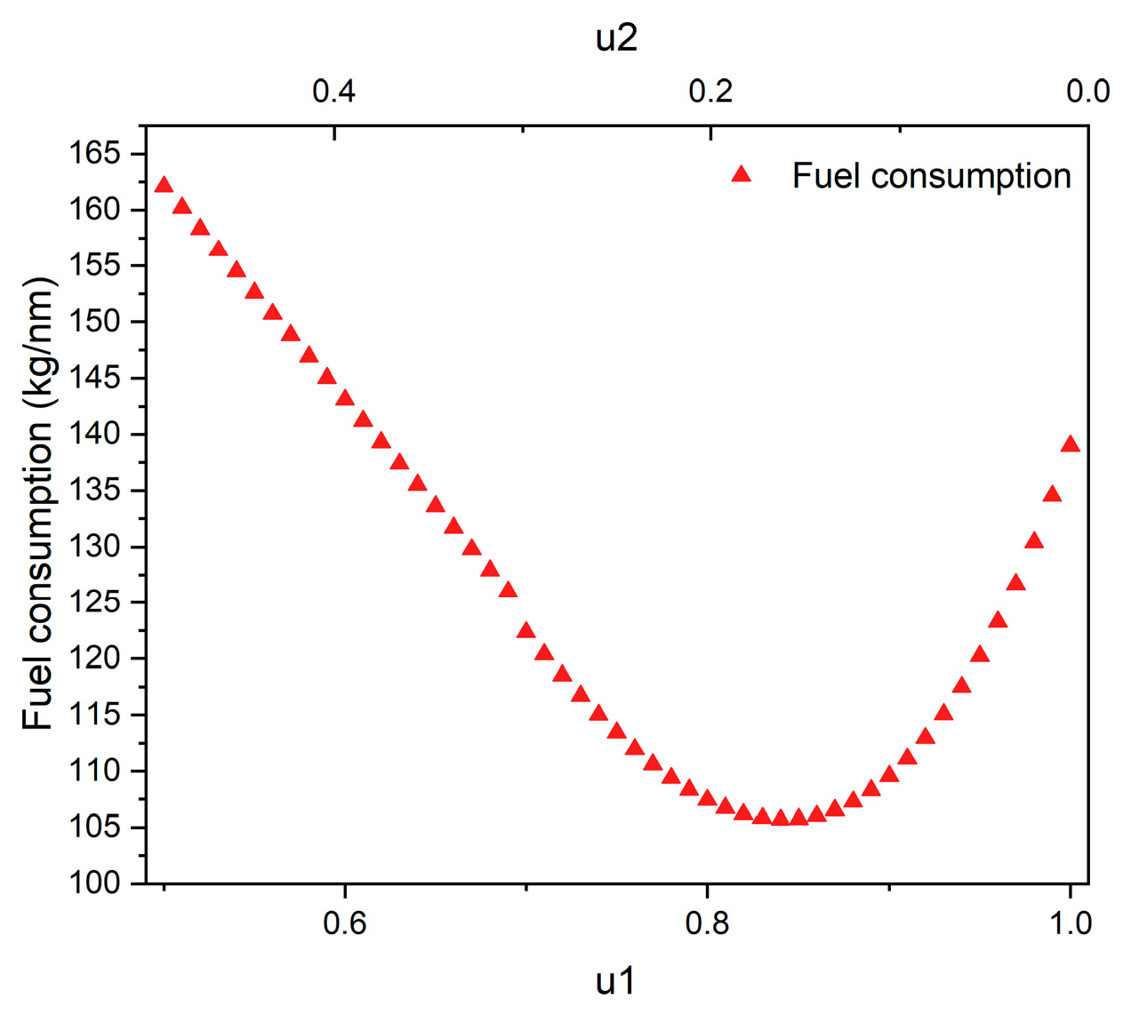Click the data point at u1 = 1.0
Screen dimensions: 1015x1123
(x=1070, y=444)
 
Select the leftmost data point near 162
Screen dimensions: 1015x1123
(x=164, y=185)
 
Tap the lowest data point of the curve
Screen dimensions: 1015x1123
(x=780, y=818)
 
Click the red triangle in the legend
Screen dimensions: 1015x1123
(x=742, y=175)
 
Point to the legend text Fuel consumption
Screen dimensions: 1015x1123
(x=931, y=176)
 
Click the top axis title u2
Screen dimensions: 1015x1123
(x=616, y=38)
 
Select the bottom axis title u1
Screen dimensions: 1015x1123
(x=616, y=982)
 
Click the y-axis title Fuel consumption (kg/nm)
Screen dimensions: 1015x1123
(x=38, y=504)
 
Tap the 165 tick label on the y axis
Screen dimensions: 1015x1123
(x=94, y=154)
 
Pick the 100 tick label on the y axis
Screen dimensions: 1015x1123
(x=94, y=883)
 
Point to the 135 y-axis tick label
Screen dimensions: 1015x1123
(x=94, y=491)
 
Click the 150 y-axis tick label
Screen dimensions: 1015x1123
(x=94, y=322)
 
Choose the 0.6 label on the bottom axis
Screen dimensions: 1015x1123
(x=344, y=923)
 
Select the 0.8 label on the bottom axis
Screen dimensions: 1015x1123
(x=707, y=923)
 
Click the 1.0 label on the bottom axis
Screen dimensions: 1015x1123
(x=1070, y=923)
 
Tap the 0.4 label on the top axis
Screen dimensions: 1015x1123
(x=334, y=91)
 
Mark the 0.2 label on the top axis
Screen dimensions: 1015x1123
(x=710, y=91)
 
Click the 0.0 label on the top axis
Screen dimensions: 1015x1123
(x=1087, y=91)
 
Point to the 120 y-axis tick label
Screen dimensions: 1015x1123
(x=94, y=659)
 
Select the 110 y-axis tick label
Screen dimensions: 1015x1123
(x=94, y=771)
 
